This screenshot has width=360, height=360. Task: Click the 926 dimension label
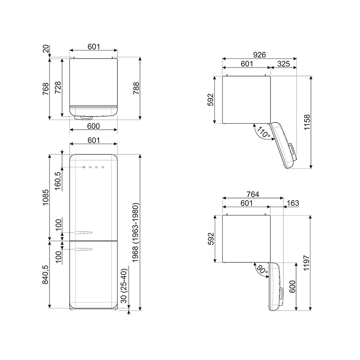[260, 54]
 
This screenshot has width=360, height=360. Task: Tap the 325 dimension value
[283, 64]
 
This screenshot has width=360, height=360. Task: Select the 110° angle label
[264, 132]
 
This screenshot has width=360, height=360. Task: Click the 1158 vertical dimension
[307, 122]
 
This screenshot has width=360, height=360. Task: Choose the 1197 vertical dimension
[307, 263]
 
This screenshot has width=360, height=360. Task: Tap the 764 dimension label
[253, 194]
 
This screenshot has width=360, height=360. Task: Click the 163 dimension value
[293, 203]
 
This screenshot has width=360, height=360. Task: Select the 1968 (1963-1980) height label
[136, 233]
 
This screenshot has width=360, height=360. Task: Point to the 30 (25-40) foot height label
[124, 286]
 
